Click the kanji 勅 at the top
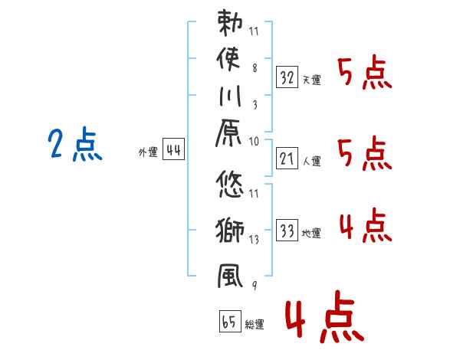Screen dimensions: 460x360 [230, 23]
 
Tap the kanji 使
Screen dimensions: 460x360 [228, 59]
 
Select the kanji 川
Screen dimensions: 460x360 [230, 96]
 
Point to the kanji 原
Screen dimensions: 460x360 [228, 133]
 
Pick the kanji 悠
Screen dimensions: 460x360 [230, 184]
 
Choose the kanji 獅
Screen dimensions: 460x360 [230, 230]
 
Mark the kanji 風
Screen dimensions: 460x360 [230, 276]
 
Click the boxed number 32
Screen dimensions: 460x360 [287, 77]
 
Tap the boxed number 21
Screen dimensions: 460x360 [287, 159]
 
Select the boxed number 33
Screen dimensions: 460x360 [287, 230]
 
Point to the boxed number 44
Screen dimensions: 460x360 [173, 149]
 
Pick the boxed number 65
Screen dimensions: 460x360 [230, 321]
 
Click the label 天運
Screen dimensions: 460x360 [312, 80]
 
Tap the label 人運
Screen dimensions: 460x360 [312, 161]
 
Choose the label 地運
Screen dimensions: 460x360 [311, 233]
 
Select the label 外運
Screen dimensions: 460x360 [148, 152]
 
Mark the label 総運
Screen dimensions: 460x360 [255, 324]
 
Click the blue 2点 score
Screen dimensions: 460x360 [75, 144]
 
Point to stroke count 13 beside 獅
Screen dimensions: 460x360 [254, 240]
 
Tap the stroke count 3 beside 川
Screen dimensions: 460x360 [255, 105]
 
